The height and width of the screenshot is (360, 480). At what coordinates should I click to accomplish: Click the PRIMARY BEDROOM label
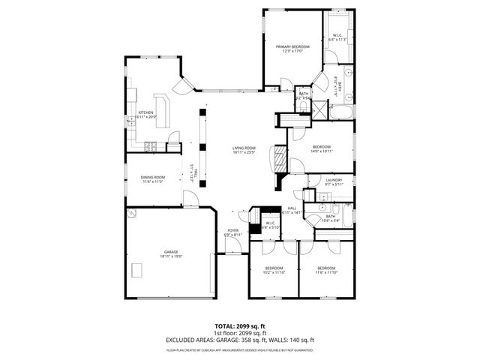[x=292, y=46]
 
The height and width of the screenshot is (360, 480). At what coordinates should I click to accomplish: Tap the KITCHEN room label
[x=145, y=112]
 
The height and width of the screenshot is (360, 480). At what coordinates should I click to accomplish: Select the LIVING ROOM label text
[x=244, y=148]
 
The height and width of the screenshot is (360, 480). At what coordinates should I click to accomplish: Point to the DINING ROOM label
[x=153, y=177]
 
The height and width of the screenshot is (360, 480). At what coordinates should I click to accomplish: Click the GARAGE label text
[x=171, y=252]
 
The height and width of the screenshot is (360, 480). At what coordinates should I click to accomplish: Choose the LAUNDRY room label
[x=334, y=180]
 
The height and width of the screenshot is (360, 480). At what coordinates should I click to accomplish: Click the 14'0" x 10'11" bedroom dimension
[x=321, y=151]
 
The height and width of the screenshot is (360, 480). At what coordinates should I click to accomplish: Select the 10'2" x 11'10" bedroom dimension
[x=274, y=273]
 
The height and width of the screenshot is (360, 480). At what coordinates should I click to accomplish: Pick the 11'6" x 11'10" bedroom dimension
[x=325, y=273]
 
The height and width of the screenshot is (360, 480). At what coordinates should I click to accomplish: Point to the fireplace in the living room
[x=278, y=160]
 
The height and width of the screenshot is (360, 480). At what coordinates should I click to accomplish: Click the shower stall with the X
[x=320, y=106]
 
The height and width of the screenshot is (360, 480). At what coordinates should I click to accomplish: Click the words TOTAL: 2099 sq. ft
[x=240, y=325]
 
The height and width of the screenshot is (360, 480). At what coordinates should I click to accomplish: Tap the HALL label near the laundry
[x=292, y=208]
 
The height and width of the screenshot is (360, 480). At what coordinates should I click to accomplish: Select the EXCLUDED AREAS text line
[x=240, y=340]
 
